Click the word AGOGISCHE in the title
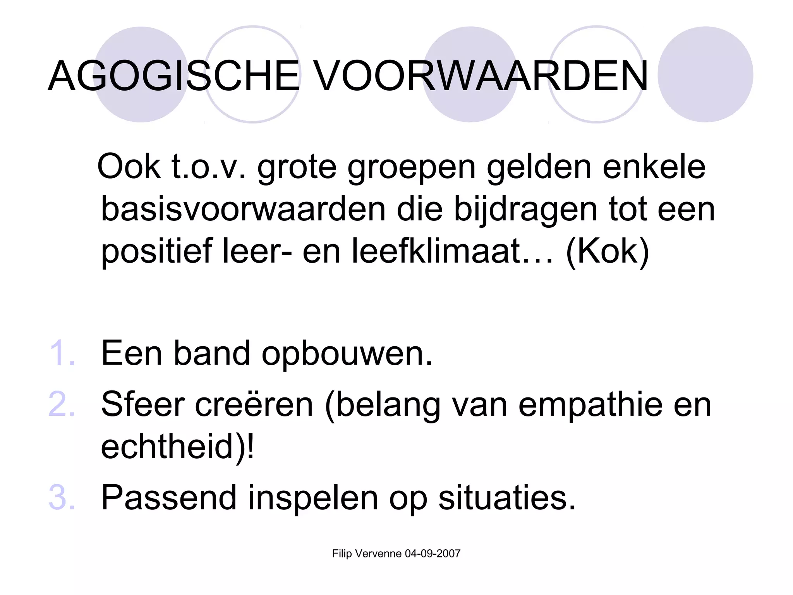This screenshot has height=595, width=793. point(174,76)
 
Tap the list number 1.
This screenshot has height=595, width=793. point(62,353)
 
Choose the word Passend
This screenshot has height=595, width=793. point(169,497)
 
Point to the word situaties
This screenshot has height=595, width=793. point(507,497)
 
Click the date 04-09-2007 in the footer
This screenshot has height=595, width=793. point(433,554)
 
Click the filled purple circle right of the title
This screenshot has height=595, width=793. point(705,74)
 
